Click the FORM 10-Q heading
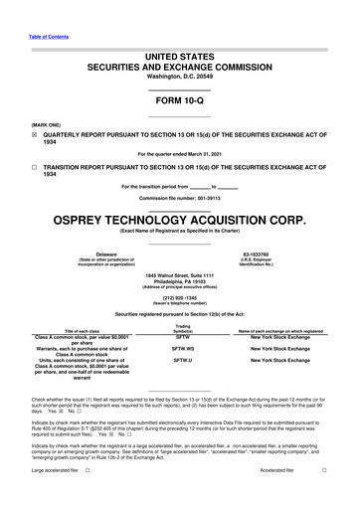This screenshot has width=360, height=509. pos(179,100)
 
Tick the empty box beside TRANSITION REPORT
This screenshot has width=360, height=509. pos(35,168)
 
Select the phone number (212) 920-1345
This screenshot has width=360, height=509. pos(179,297)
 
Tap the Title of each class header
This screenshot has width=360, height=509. pos(83,331)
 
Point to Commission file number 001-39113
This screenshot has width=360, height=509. pos(180,198)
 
